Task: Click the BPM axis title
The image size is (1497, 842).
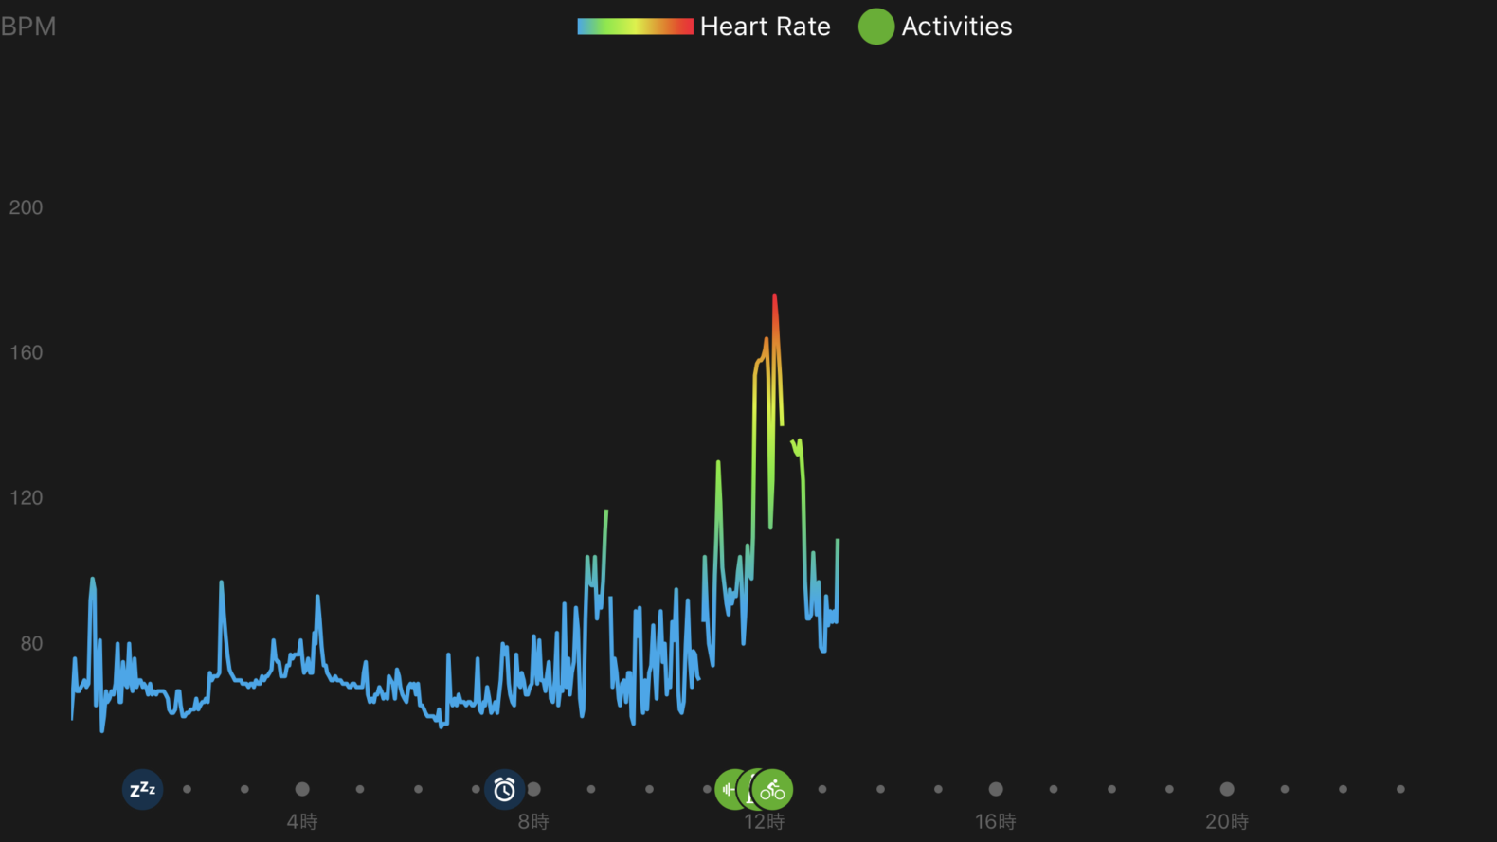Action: [28, 27]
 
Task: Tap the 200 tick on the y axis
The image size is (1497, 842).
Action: [26, 207]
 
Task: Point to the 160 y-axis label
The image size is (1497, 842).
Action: [26, 352]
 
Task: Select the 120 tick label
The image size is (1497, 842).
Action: [26, 497]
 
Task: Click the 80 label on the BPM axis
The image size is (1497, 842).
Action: [31, 643]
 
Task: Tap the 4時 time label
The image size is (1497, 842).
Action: [302, 821]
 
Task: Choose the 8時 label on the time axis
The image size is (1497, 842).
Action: [533, 821]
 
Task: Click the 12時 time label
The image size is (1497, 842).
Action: [764, 821]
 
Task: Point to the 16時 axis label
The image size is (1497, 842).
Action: [995, 821]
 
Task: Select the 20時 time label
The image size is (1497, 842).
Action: [1226, 821]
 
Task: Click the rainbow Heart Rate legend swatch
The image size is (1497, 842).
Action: [635, 27]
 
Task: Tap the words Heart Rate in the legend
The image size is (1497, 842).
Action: [765, 27]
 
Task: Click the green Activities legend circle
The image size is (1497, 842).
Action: [875, 27]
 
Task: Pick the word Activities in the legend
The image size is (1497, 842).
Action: [956, 27]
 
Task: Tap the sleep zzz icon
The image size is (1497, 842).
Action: [142, 789]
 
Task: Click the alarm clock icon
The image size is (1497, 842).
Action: [504, 789]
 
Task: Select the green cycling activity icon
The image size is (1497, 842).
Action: [773, 789]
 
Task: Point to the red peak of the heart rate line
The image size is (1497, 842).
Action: [774, 297]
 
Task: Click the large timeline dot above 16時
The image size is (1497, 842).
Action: [996, 789]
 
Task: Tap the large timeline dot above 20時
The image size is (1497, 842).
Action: [1227, 789]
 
